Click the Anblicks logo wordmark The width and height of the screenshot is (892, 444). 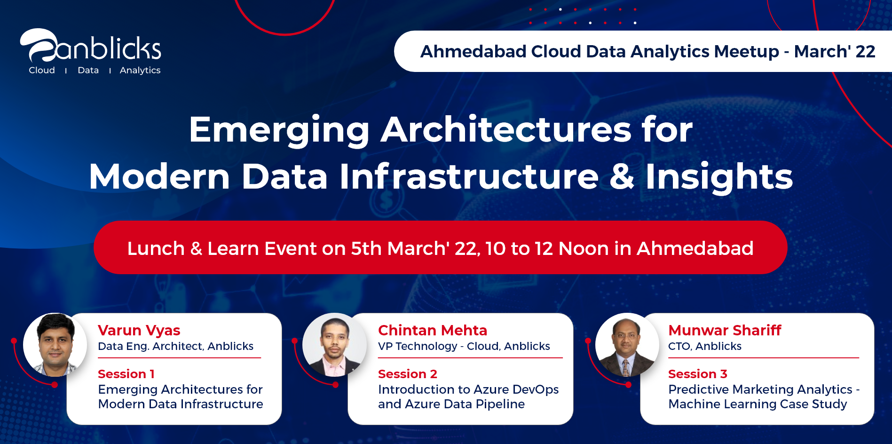pos(90,46)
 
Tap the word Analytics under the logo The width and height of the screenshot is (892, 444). pos(140,70)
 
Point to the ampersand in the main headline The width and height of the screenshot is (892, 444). pos(622,176)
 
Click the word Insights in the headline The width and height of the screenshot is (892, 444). pos(719,176)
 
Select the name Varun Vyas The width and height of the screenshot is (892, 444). pos(139,331)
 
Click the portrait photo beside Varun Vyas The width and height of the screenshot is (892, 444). pos(55,345)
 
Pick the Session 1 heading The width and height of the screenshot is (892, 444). pos(126,374)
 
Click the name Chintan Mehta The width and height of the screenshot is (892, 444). pos(433,330)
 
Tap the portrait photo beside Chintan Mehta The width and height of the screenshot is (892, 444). pos(334,345)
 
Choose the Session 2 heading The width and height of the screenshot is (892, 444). pos(408,374)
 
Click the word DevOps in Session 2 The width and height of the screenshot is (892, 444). pos(536,390)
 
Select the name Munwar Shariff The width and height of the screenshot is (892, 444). pos(725,330)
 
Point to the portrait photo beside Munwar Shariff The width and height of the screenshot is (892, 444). pos(627,345)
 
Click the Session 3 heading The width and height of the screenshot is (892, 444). pos(698,374)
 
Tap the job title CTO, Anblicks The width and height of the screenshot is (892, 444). pos(705,347)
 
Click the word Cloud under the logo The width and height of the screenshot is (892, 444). pos(42,70)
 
